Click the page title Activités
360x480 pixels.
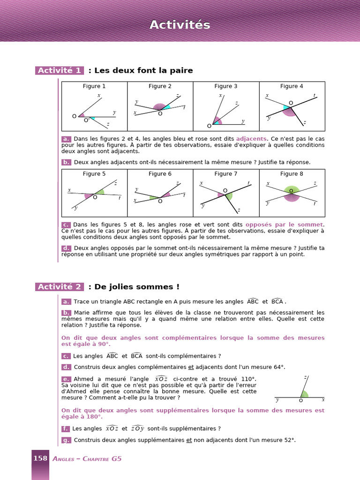pos(180,25)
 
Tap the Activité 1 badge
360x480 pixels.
pos(60,70)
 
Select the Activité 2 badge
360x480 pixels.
pos(60,287)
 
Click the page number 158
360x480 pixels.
pos(40,458)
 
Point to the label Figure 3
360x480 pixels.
pos(225,86)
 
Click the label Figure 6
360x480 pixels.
pos(160,174)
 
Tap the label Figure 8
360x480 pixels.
pos(292,174)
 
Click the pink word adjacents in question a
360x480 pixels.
pos(251,139)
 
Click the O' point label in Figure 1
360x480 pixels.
pos(87,120)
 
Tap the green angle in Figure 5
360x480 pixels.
pos(100,192)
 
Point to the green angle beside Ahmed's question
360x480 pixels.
pos(305,394)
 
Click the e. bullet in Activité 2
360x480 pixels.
pos(66,379)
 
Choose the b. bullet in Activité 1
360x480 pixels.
pos(66,162)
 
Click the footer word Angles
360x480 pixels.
pos(63,458)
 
